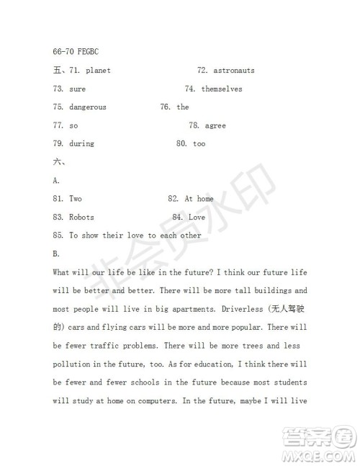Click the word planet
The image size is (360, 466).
click(97, 71)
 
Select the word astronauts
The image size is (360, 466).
click(233, 71)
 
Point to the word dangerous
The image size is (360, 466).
click(88, 107)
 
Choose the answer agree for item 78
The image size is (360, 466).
click(215, 125)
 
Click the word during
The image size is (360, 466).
click(81, 144)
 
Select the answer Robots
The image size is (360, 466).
click(81, 217)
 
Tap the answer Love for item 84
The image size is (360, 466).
click(197, 217)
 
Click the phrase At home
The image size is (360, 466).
click(199, 199)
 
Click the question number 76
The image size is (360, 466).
click(166, 107)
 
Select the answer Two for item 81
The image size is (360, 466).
click(76, 199)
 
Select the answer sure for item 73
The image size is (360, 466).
click(78, 89)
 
